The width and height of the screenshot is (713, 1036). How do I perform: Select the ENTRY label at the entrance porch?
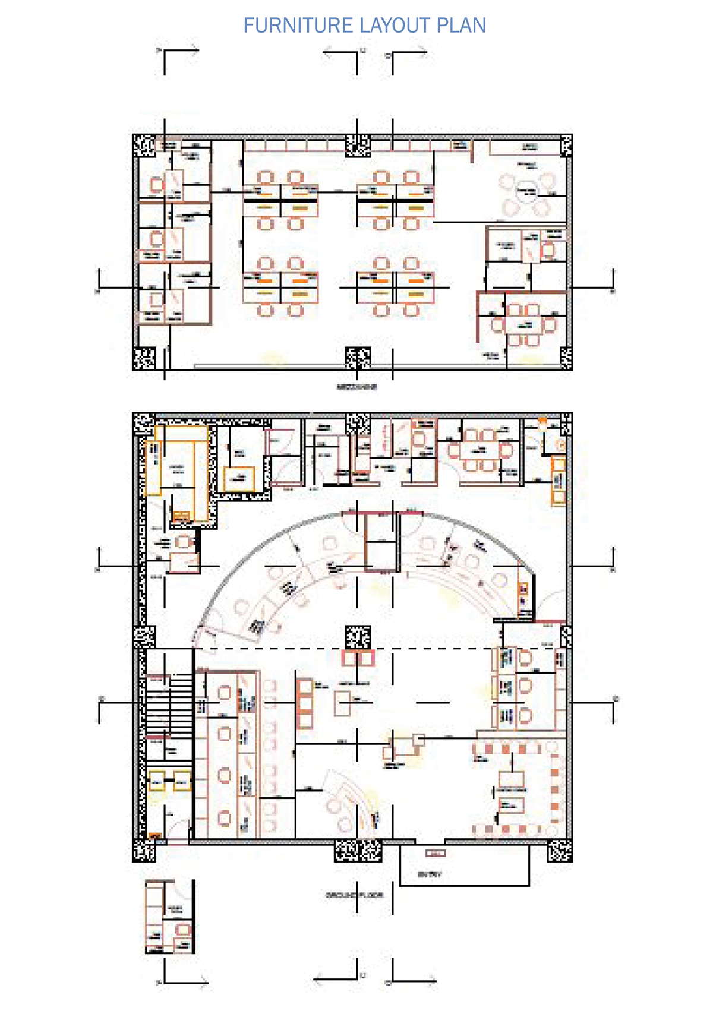point(430,875)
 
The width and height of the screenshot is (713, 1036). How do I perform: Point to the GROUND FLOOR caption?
point(355,895)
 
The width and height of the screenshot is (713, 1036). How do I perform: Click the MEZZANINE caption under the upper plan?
point(356,387)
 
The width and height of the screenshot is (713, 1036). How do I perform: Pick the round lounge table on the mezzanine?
point(526,191)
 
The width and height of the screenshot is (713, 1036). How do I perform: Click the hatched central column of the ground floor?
point(358,637)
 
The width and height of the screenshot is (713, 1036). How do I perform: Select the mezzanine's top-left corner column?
point(144,146)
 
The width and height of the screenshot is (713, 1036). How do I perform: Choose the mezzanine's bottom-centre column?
point(358,358)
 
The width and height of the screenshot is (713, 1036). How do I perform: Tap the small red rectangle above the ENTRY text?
point(436,854)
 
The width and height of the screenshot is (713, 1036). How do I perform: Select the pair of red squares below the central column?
point(358,658)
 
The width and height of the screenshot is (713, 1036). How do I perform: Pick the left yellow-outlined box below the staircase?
point(157,782)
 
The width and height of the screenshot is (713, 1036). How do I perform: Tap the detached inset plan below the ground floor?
point(169,917)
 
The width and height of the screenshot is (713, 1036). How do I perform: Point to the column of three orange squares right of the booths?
point(305,704)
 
